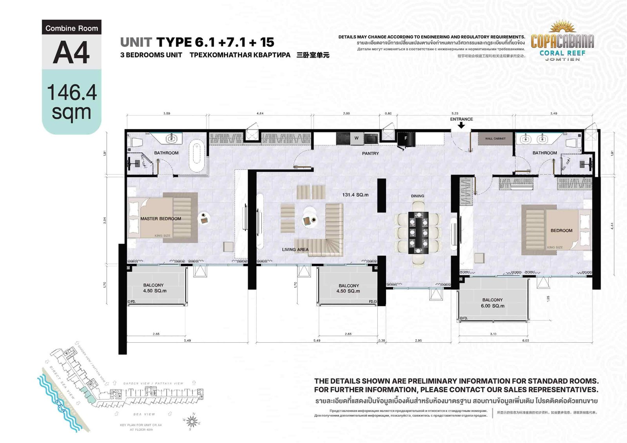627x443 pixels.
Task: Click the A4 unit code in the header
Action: pos(71,52)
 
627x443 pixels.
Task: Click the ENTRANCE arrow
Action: pos(461,125)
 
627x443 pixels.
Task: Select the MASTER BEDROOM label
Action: pos(161,219)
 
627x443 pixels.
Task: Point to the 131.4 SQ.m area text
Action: pos(355,195)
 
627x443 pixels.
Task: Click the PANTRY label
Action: pos(370,154)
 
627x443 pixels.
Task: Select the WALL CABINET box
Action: pos(495,139)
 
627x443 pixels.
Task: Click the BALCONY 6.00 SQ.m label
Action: pos(493,303)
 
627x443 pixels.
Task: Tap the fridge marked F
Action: pos(406,138)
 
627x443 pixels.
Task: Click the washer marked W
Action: pos(356,138)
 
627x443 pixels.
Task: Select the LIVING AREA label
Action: pos(295,250)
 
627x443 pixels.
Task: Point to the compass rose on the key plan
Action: pos(192,421)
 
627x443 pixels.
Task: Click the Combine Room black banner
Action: pos(71,28)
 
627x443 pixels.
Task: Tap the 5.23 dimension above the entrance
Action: pos(455,114)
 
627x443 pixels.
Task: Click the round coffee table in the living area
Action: pos(309,220)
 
